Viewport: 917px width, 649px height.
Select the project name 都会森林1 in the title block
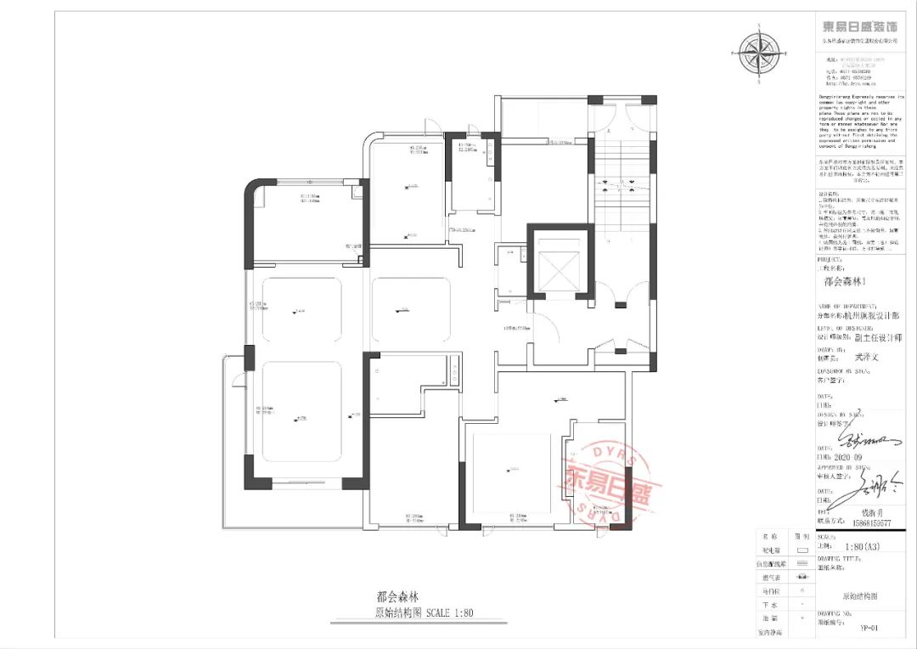(846, 280)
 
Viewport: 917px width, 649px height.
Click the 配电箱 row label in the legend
(771, 550)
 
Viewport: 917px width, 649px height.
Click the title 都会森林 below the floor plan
(397, 597)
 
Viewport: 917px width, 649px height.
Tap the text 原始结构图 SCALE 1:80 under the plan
(424, 612)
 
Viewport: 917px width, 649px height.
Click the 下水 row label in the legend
(771, 603)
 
